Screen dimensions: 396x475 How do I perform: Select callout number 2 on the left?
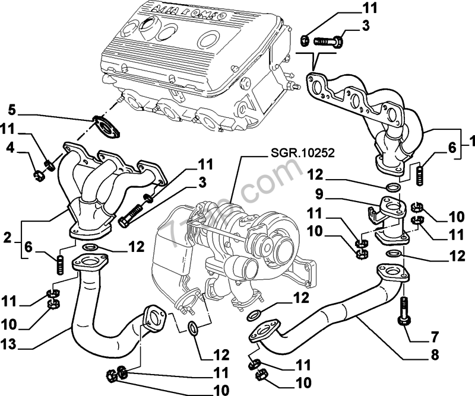coord(7,239)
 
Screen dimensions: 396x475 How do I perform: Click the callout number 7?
coord(435,338)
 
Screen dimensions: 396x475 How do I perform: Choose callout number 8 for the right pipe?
coord(435,356)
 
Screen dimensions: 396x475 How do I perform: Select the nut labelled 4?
coord(39,175)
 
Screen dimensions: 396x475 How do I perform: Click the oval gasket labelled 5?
coord(106,126)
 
